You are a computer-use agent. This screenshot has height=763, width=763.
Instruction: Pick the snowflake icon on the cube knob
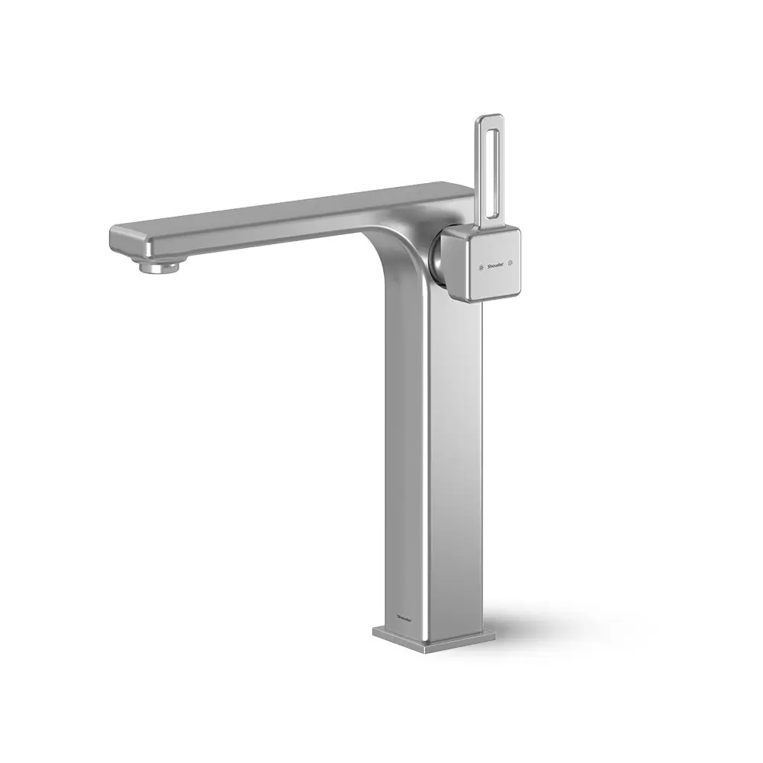(478, 267)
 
